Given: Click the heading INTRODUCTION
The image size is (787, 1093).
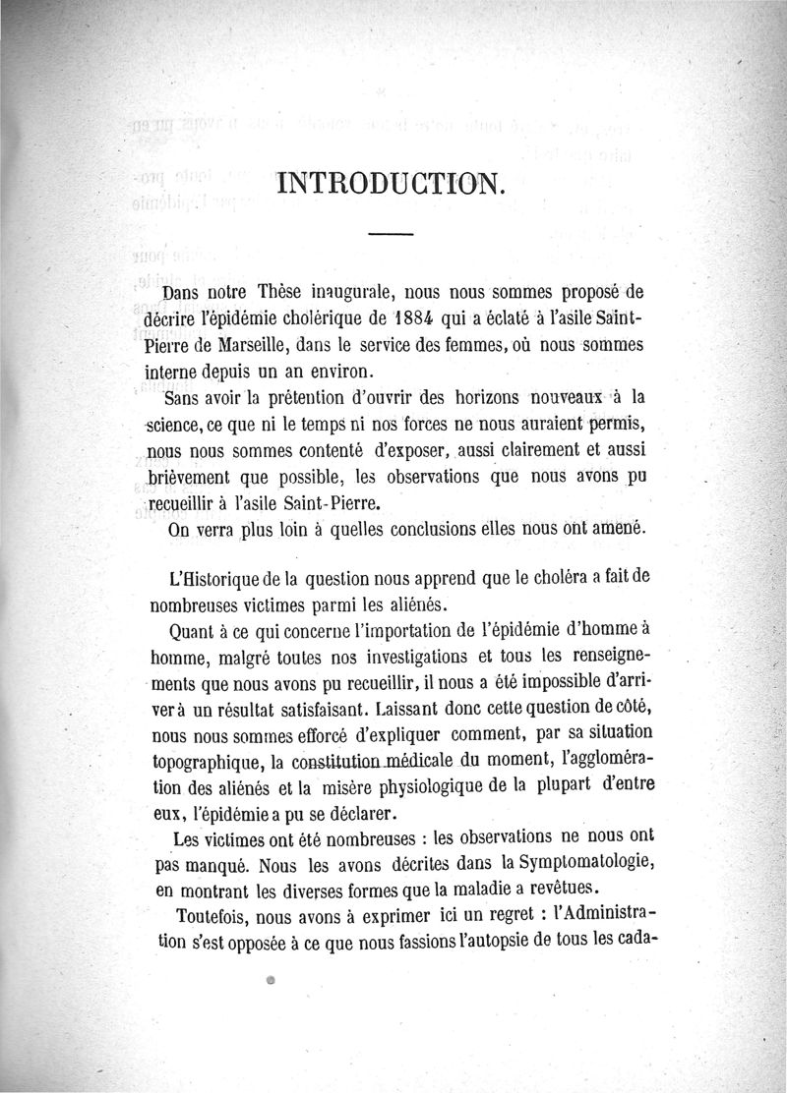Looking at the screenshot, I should point(392,184).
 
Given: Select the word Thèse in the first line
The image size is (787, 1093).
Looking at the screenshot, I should point(282,291).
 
